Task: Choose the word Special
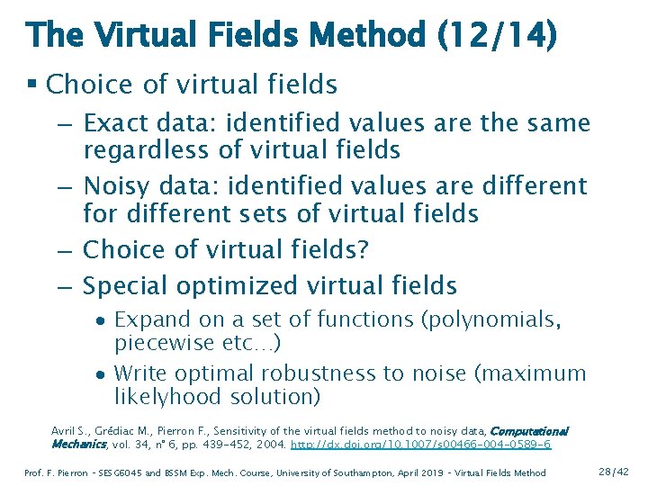125,286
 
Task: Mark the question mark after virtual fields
363,249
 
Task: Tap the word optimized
240,286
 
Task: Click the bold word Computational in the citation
527,432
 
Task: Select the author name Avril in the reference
65,432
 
